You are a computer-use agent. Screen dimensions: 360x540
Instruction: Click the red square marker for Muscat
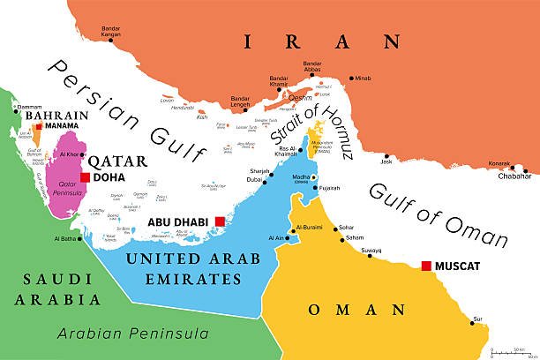click(x=427, y=266)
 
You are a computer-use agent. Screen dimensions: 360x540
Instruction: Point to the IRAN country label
click(x=322, y=41)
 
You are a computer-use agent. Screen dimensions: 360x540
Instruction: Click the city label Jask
click(x=386, y=161)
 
